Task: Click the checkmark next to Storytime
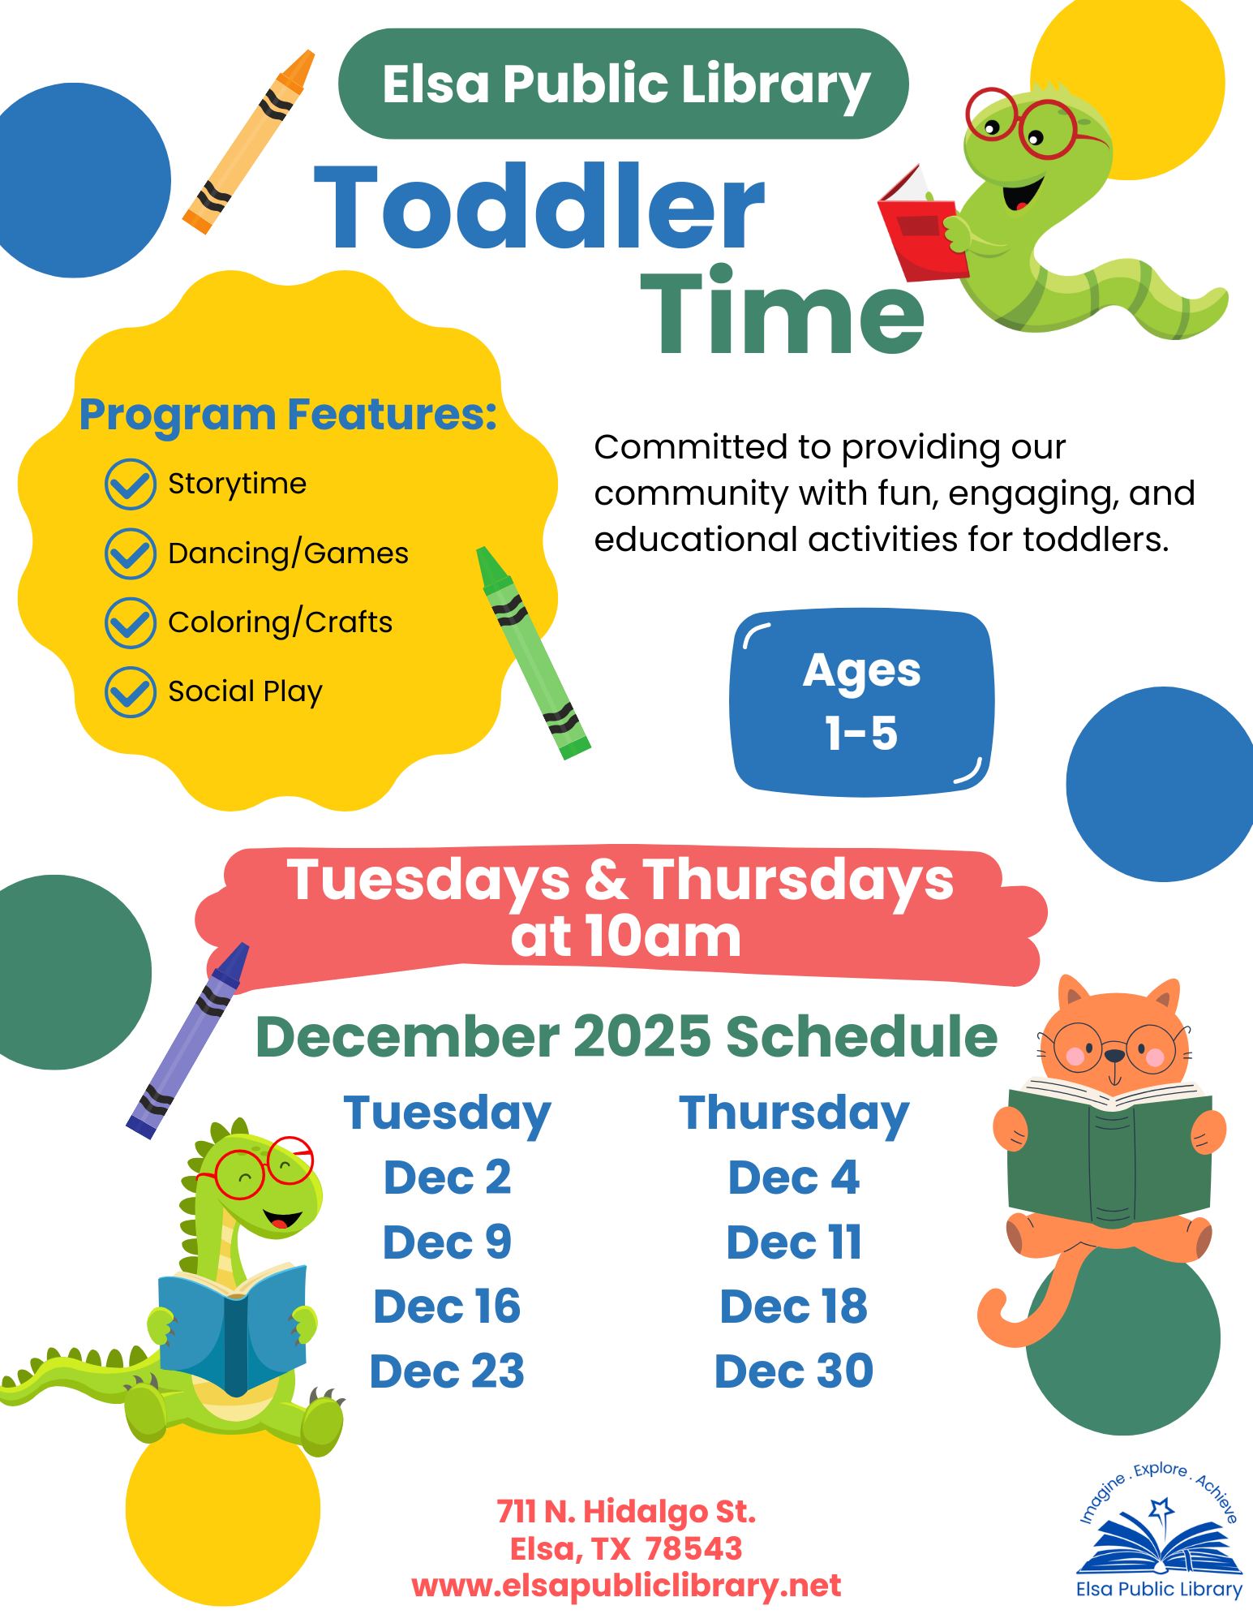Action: [x=131, y=484]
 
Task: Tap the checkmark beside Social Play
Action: [x=131, y=692]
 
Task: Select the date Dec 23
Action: [x=447, y=1371]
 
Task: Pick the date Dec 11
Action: [x=794, y=1242]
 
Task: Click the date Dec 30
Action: [x=794, y=1371]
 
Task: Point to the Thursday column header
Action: [x=794, y=1113]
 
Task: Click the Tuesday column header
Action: [x=447, y=1113]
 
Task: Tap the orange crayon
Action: [x=248, y=142]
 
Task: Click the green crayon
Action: [x=533, y=652]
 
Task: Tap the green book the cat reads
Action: [x=1109, y=1151]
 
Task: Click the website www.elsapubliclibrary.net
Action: [x=626, y=1586]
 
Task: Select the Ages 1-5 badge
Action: [x=861, y=702]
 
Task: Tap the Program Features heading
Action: [x=288, y=414]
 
